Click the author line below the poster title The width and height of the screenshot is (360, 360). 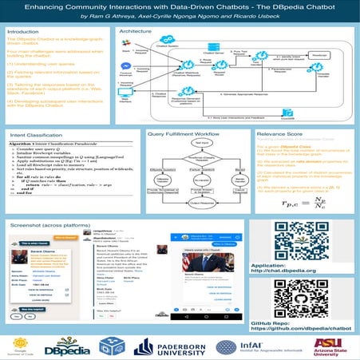pyautogui.click(x=180, y=16)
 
